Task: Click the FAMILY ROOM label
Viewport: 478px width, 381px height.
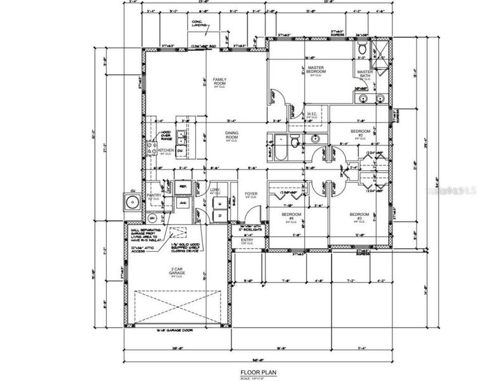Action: pos(219,81)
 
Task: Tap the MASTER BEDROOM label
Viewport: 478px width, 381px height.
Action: pos(316,69)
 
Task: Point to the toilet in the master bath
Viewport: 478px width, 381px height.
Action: pos(361,48)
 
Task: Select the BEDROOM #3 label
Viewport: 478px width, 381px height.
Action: pos(359,217)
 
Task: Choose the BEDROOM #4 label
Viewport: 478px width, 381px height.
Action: pos(290,217)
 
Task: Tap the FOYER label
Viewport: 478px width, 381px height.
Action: pos(251,195)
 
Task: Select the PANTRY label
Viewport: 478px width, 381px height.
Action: pos(153,196)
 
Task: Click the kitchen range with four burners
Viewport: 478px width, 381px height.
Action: pos(152,149)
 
